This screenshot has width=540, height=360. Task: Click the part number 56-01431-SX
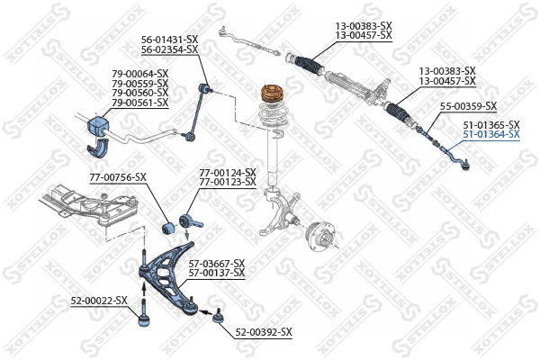[169, 40]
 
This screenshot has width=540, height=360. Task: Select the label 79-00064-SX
[139, 74]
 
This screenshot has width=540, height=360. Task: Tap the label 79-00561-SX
[139, 103]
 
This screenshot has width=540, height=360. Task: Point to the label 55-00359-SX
[469, 106]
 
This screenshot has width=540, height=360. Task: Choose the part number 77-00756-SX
[117, 177]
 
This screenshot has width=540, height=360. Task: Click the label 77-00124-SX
[227, 173]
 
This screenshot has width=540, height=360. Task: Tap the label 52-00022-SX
[99, 301]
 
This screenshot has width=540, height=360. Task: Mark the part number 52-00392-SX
[264, 332]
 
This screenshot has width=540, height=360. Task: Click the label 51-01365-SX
[490, 124]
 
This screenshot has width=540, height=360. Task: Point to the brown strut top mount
[271, 94]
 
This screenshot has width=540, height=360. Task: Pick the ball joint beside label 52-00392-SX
[216, 315]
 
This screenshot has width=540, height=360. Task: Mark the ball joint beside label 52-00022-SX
[141, 316]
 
